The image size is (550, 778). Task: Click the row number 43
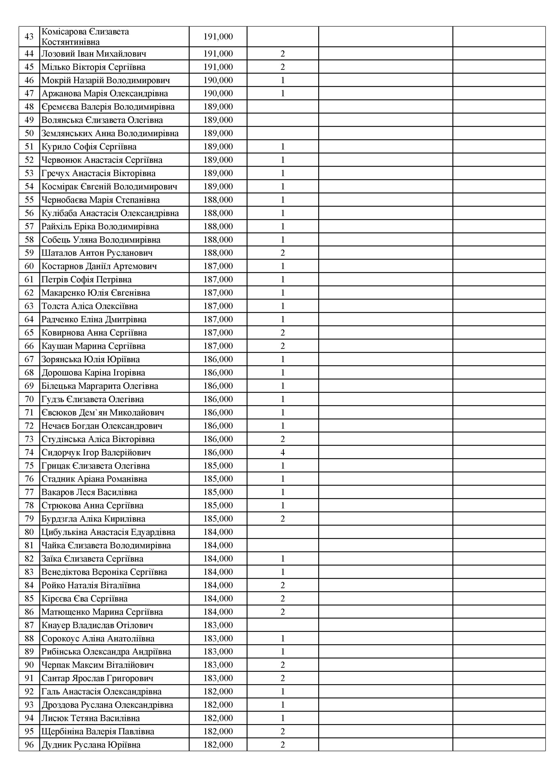tap(29, 37)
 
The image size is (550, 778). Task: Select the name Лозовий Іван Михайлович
tap(94, 54)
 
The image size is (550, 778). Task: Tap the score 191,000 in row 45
tap(218, 67)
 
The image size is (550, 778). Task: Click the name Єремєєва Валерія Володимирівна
tap(108, 107)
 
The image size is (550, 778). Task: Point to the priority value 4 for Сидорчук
tap(283, 452)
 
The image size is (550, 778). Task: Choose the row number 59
tap(29, 253)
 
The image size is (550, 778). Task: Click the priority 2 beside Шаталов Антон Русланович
tap(283, 253)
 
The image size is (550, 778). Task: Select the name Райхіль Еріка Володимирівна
tap(100, 226)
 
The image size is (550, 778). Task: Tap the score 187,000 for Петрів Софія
tap(218, 279)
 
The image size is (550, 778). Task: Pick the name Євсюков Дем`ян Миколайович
tap(103, 412)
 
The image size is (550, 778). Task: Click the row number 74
tap(29, 452)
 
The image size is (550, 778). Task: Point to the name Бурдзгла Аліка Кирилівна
tap(93, 519)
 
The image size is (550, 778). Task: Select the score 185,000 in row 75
tap(218, 466)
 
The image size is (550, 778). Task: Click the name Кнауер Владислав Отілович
tap(97, 625)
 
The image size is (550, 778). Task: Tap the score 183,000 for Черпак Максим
tap(218, 665)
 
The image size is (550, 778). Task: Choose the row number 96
tap(29, 745)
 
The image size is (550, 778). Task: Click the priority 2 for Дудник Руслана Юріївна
tap(283, 745)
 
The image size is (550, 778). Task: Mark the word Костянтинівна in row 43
tap(70, 42)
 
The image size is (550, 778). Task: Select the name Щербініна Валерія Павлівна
tap(98, 732)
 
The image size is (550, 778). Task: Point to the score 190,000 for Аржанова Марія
tap(218, 93)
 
